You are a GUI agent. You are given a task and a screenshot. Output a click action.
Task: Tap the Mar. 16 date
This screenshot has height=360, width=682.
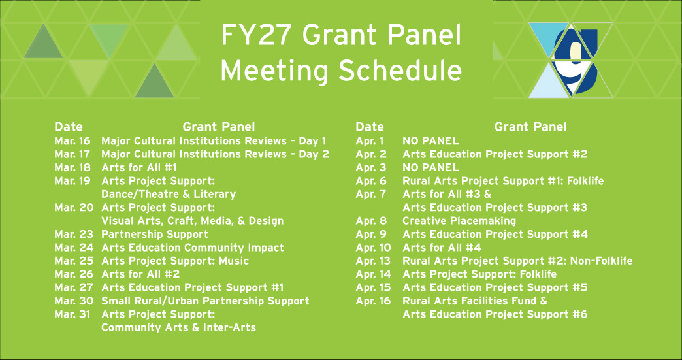73,140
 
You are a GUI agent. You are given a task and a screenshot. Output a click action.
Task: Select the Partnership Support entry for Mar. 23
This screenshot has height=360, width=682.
154,234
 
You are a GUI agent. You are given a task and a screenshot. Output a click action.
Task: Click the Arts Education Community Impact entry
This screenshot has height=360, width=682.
192,248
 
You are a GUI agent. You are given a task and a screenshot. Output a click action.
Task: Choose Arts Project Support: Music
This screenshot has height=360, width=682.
174,261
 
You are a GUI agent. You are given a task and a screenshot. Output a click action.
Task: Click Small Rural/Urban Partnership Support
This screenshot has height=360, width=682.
205,301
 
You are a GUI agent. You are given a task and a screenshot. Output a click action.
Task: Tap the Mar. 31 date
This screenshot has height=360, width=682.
73,314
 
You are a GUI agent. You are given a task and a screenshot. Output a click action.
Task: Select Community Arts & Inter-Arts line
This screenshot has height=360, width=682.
178,327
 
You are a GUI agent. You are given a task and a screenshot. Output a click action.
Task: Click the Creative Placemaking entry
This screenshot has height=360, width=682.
459,221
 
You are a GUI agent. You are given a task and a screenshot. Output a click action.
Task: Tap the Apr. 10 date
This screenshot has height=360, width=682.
373,248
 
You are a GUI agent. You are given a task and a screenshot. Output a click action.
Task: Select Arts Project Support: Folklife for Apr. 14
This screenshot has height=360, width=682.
479,274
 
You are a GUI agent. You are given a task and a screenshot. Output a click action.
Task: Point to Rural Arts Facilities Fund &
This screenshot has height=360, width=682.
475,301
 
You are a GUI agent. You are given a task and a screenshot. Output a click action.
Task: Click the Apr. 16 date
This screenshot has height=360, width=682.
373,301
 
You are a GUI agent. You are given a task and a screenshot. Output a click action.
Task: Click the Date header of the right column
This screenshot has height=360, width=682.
369,127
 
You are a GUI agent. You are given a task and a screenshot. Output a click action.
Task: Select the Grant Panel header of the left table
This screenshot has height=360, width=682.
219,127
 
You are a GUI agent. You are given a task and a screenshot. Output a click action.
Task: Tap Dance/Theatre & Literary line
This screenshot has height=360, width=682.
169,194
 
